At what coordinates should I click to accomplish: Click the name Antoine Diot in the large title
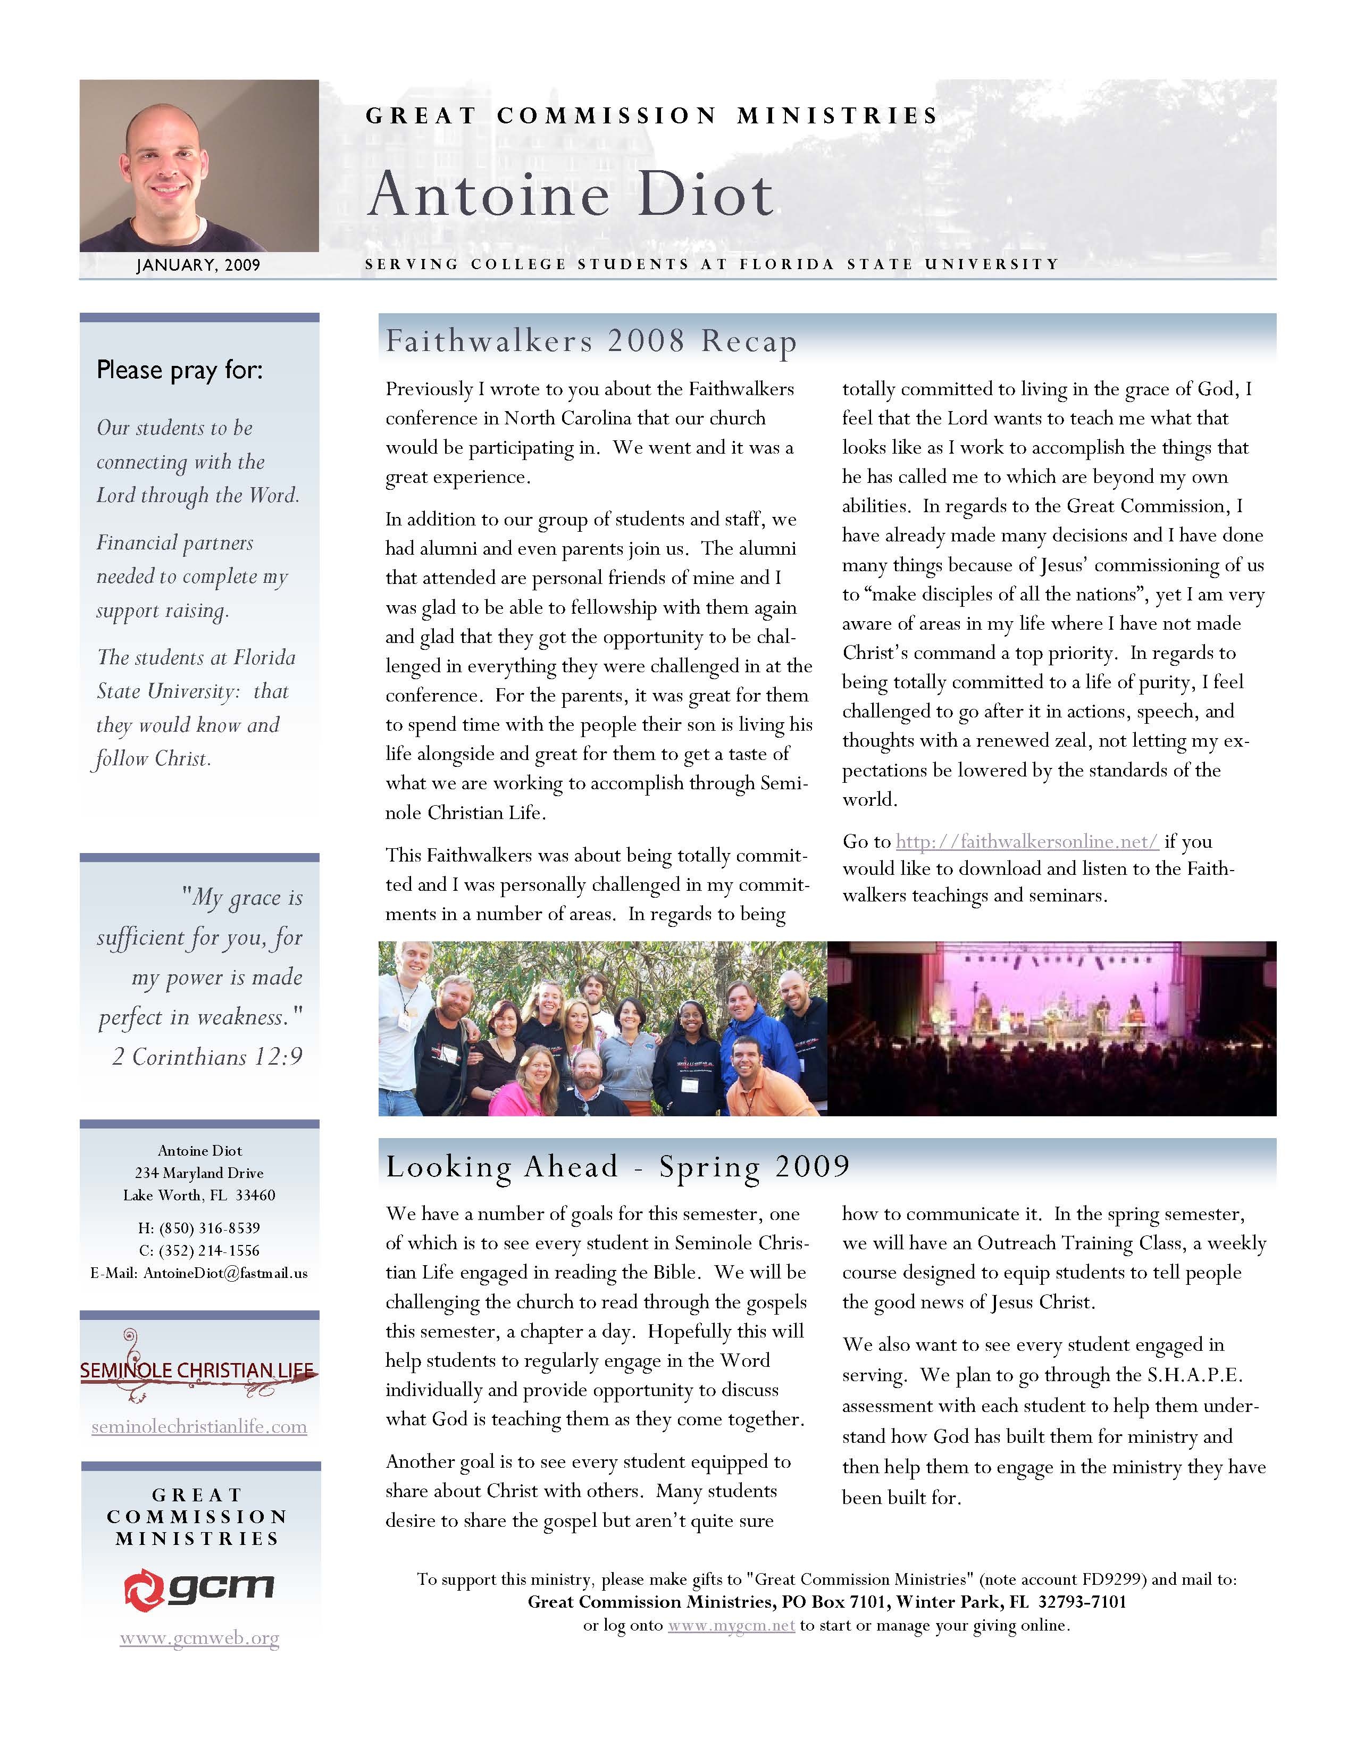[x=571, y=195]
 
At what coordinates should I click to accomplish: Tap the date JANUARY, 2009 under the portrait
[x=198, y=265]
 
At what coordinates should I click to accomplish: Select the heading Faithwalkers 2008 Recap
[x=590, y=341]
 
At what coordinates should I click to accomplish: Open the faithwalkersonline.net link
[x=1027, y=841]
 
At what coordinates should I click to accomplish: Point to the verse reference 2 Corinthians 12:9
[x=207, y=1057]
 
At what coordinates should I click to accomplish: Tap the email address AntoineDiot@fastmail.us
[x=225, y=1273]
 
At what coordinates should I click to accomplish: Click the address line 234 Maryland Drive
[x=199, y=1173]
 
